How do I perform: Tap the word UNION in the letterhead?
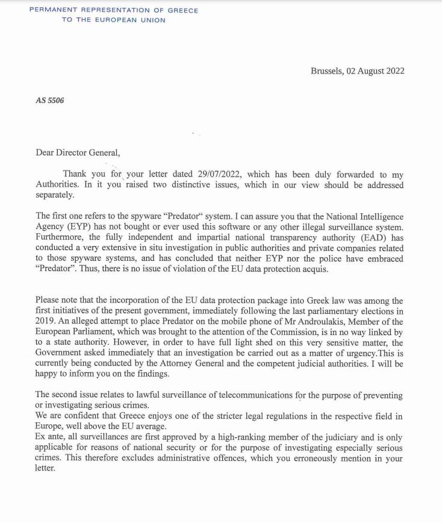pyautogui.click(x=152, y=20)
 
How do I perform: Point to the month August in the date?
pyautogui.click(x=370, y=70)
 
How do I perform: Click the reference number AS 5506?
pyautogui.click(x=50, y=101)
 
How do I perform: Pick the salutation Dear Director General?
pyautogui.click(x=78, y=153)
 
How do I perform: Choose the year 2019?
pyautogui.click(x=46, y=321)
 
